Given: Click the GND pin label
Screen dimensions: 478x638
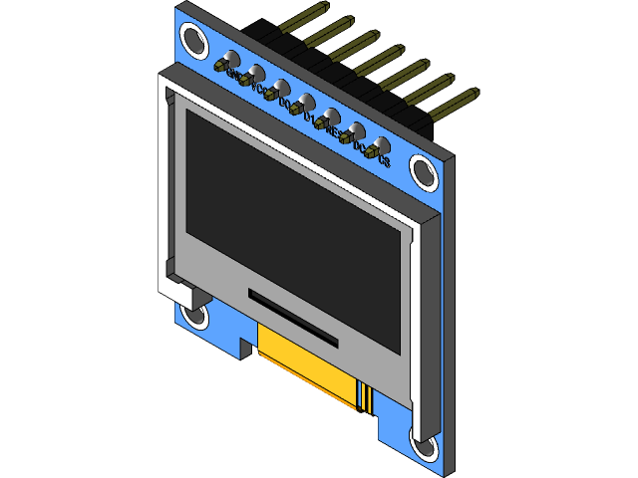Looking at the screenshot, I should pos(231,75).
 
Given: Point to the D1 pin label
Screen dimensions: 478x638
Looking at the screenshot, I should pos(309,118).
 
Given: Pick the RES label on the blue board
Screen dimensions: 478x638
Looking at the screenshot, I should pos(334,130).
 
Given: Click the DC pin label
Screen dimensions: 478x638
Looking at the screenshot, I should pos(359,145).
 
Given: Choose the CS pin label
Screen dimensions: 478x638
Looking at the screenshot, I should pos(384,159).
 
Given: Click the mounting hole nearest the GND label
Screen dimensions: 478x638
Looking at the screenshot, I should pos(192,41).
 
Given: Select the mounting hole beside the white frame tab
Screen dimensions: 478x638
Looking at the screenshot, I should pos(193,317).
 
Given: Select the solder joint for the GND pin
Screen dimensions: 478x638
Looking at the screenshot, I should pos(221,65).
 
